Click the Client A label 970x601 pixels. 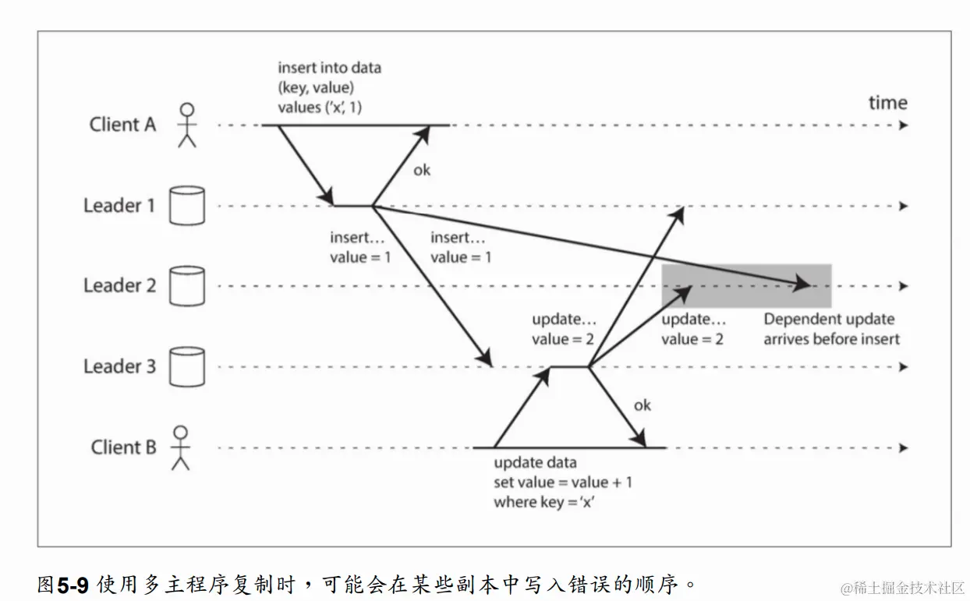(x=122, y=124)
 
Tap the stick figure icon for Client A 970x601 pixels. (x=186, y=125)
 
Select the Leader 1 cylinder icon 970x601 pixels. (x=186, y=206)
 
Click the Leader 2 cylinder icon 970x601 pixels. (x=186, y=286)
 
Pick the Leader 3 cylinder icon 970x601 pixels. (x=186, y=366)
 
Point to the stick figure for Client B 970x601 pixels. (x=181, y=447)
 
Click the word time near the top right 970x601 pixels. (x=888, y=103)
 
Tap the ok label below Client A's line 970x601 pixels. (x=421, y=169)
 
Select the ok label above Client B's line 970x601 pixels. (x=642, y=405)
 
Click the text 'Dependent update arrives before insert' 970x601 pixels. (x=830, y=329)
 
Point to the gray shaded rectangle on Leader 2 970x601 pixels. (x=746, y=286)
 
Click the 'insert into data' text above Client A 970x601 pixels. (x=329, y=68)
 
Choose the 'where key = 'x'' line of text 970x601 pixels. (x=543, y=502)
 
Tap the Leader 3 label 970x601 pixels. (x=119, y=366)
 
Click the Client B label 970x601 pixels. (x=123, y=447)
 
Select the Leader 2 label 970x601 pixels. (x=119, y=286)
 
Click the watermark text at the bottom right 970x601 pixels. (x=902, y=586)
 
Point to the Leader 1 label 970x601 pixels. (x=119, y=206)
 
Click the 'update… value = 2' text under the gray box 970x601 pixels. (x=692, y=329)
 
